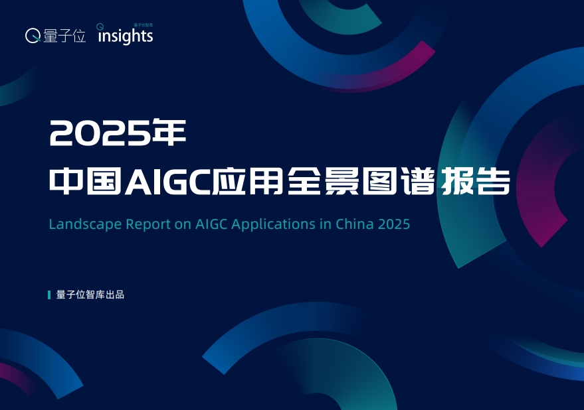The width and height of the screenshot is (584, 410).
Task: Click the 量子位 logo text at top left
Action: [65, 36]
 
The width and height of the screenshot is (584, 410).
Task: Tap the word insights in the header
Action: [126, 36]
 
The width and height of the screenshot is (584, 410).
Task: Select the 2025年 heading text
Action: [118, 134]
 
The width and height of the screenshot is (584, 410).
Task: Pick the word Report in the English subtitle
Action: [149, 224]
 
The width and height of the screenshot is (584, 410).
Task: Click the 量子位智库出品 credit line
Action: [90, 295]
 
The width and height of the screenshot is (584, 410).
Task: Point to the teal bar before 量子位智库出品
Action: [49, 295]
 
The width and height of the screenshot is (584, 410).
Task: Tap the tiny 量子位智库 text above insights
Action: [144, 25]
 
